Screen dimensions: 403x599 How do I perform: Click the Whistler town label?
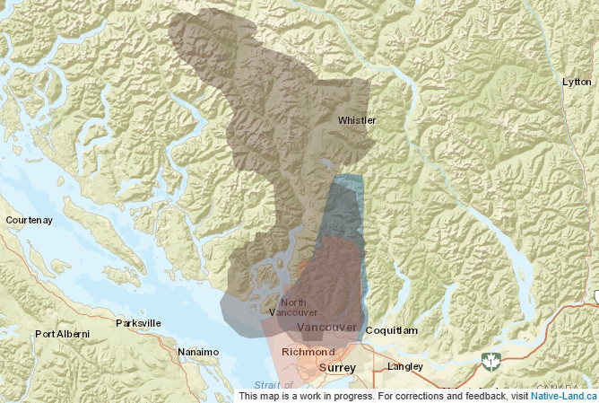357,120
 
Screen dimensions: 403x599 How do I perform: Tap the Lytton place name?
577,82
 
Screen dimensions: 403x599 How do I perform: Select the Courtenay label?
29,220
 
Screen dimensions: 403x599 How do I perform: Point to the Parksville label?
138,323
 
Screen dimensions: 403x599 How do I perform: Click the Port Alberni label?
62,334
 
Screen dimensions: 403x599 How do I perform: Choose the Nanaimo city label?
197,352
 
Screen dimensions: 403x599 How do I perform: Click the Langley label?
404,366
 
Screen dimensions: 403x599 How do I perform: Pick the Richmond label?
308,352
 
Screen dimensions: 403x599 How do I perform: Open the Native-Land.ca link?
563,395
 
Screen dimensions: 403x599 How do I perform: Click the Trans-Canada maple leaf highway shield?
490,362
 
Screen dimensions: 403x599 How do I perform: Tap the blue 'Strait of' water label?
267,383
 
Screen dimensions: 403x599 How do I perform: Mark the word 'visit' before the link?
516,395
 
